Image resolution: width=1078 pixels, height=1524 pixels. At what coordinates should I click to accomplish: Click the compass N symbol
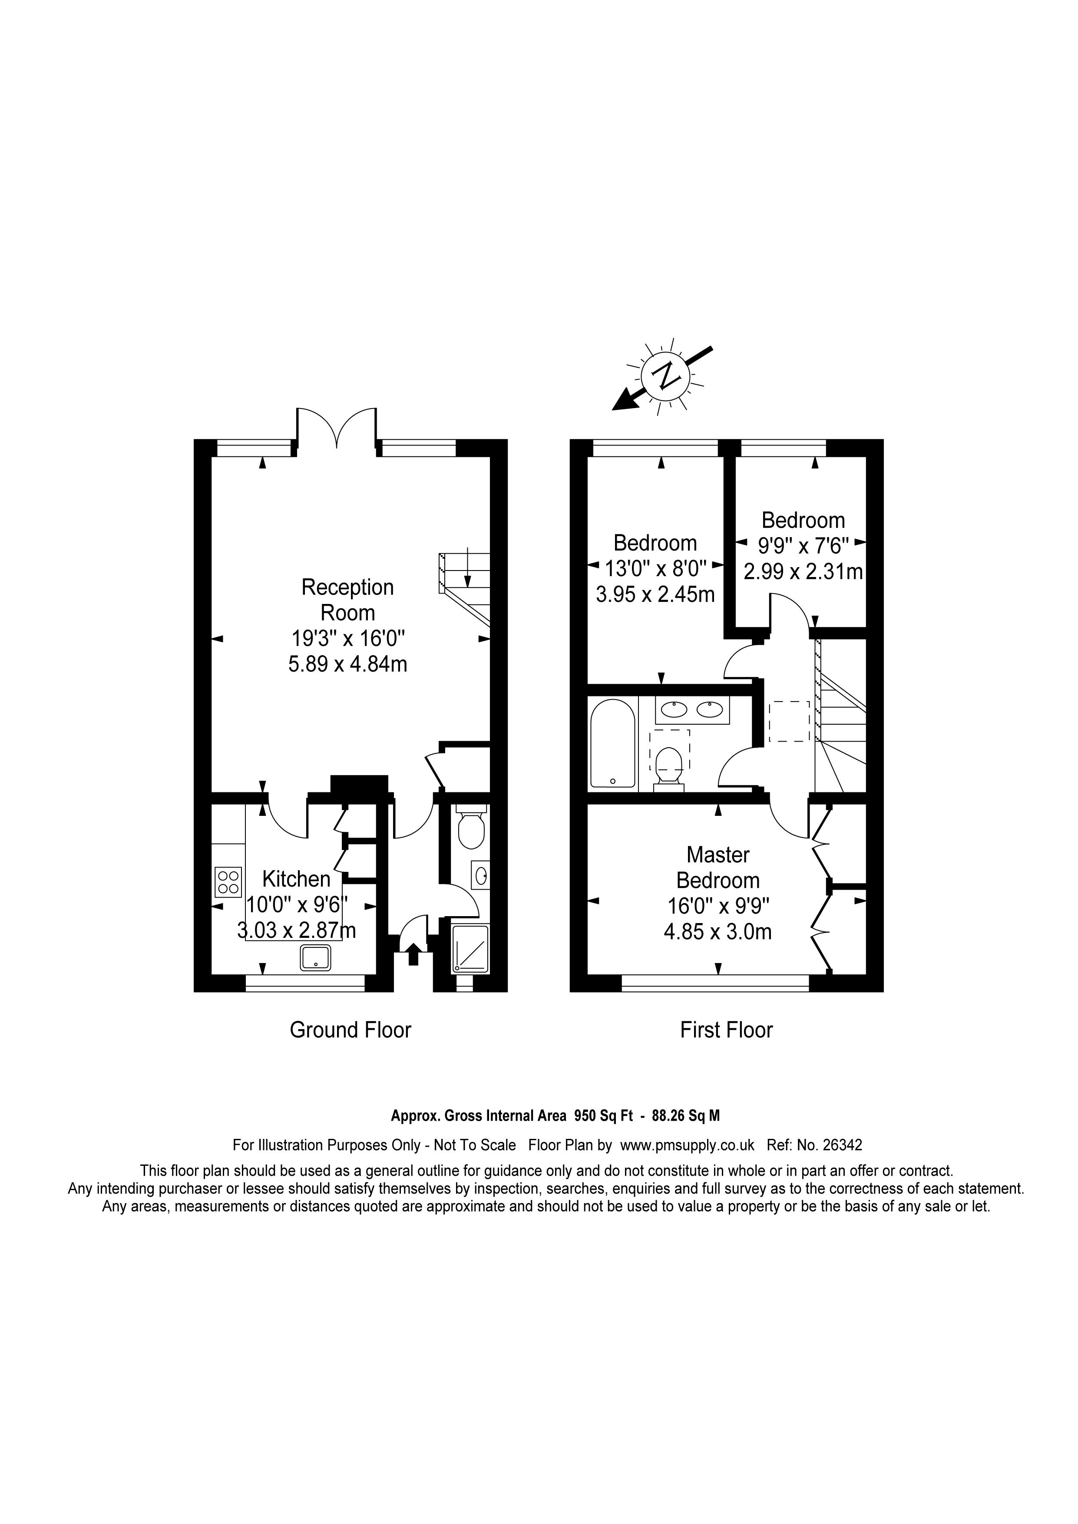click(666, 376)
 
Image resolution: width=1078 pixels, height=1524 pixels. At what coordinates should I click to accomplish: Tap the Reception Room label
click(348, 599)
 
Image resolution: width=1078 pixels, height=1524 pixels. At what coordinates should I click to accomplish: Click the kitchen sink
click(316, 957)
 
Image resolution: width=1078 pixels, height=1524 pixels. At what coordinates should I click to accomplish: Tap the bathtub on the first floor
click(613, 743)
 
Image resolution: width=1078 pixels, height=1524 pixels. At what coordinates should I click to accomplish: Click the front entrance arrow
click(412, 954)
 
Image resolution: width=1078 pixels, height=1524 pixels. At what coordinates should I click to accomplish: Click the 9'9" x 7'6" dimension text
click(804, 546)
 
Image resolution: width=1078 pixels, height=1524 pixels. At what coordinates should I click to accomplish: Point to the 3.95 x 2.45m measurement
click(655, 594)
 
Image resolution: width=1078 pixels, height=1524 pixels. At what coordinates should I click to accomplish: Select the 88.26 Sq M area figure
click(686, 1116)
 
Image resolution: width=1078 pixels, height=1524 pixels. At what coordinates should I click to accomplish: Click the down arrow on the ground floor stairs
click(468, 567)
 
